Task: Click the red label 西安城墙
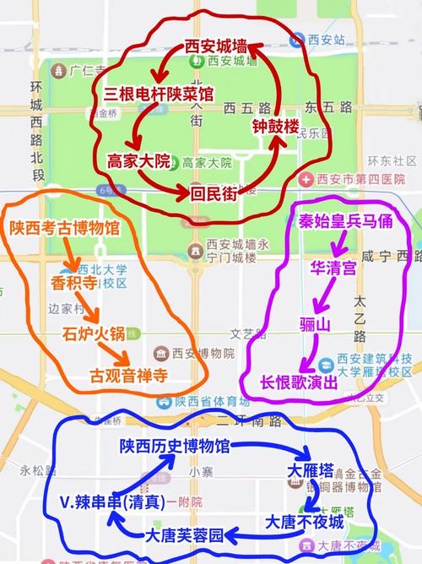215,48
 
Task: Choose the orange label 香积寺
73,283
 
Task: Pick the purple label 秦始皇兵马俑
344,222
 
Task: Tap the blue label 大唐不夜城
305,521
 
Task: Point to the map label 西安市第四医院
364,179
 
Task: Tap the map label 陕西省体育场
199,400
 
